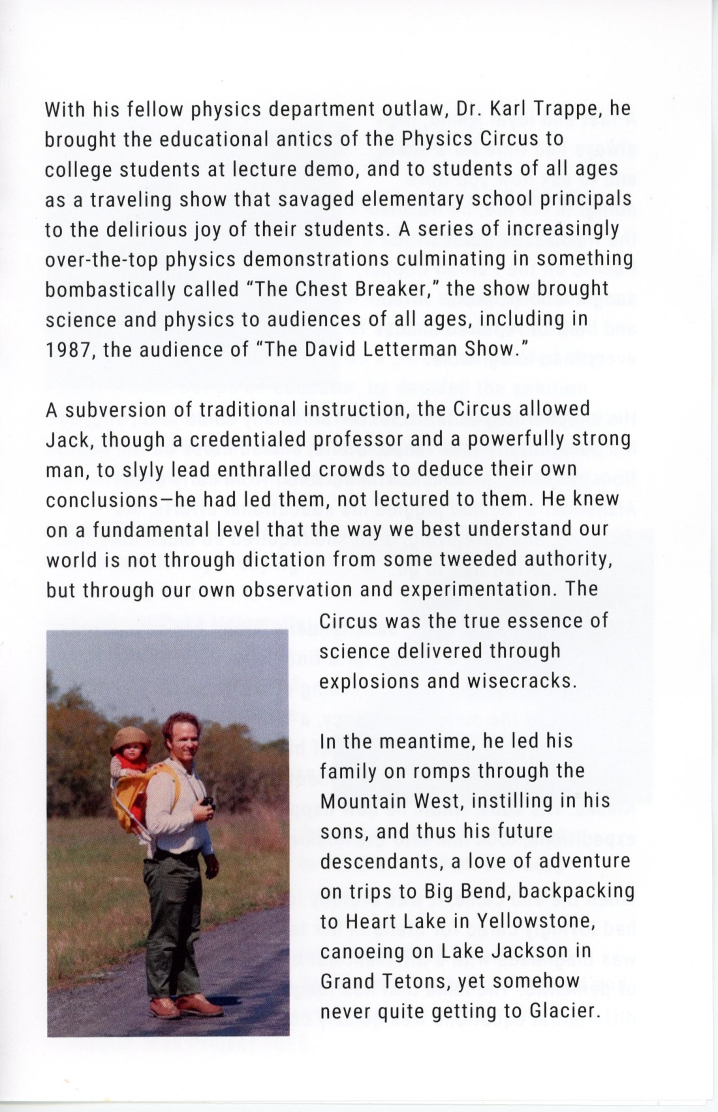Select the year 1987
(69, 350)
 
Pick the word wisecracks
(523, 681)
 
